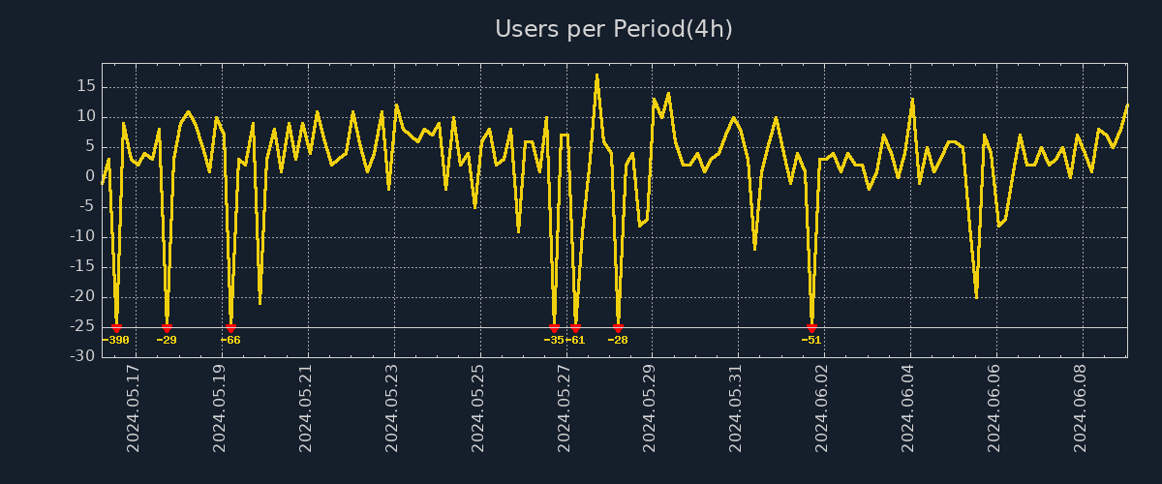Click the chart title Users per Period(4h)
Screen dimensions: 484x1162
tap(614, 29)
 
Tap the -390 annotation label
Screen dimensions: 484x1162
tap(116, 340)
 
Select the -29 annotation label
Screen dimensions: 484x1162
tap(167, 340)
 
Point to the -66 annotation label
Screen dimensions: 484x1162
tap(230, 340)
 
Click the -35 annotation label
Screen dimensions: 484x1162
tap(553, 340)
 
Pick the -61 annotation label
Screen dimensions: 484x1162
tap(576, 340)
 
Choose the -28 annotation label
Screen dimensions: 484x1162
tap(618, 340)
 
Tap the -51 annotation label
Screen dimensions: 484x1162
tap(811, 340)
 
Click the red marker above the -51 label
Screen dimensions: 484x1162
tap(811, 328)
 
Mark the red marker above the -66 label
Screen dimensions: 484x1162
tap(230, 328)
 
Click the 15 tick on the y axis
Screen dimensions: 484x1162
tap(85, 86)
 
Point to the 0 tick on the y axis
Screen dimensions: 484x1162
tap(90, 176)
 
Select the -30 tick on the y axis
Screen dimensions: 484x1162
tap(83, 357)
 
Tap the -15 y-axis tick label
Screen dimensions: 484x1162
tap(83, 267)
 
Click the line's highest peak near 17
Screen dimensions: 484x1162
tap(596, 75)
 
